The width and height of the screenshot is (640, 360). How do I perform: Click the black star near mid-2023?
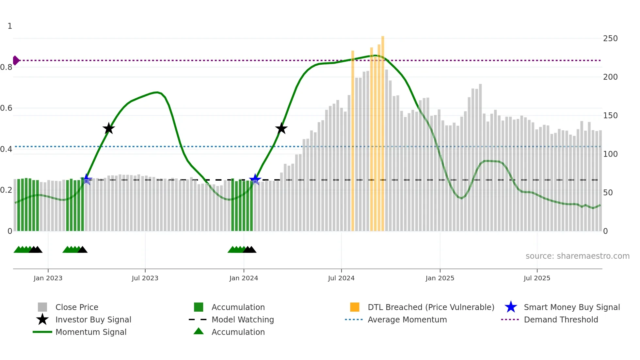[x=109, y=128]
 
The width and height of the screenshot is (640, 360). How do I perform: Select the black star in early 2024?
[x=281, y=128]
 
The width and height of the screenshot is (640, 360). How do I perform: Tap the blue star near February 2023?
[x=86, y=179]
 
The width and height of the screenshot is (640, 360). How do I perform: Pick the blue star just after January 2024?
[x=255, y=179]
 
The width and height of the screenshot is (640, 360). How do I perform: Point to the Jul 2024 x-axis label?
[x=341, y=278]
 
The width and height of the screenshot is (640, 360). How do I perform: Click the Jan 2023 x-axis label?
[x=48, y=278]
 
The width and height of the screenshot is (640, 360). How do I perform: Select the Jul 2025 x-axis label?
[x=537, y=278]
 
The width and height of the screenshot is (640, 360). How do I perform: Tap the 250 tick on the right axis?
[x=610, y=39]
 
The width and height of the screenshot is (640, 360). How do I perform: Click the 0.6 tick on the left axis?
[x=6, y=108]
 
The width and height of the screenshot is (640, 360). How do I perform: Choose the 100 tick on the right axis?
[x=610, y=154]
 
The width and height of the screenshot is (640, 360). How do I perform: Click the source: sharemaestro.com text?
[x=577, y=256]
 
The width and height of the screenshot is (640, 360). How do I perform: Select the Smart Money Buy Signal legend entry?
[x=571, y=307]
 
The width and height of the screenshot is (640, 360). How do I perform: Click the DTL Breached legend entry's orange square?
[x=355, y=307]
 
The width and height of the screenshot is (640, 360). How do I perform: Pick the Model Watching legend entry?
[x=242, y=319]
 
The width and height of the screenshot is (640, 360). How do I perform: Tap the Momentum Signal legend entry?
[x=91, y=332]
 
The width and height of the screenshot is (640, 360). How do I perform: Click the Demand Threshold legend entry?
[x=561, y=319]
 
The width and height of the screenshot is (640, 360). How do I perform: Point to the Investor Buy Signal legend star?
[x=42, y=319]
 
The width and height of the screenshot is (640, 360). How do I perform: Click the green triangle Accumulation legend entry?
[x=199, y=331]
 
